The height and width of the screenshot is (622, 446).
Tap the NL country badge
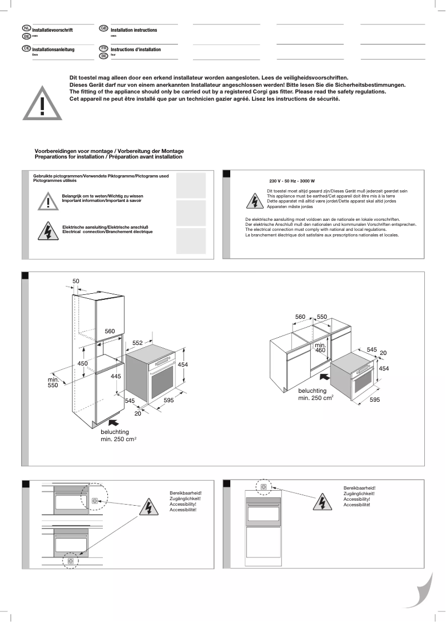click(26, 28)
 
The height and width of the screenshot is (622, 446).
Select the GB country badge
click(103, 28)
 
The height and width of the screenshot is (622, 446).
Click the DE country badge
click(26, 49)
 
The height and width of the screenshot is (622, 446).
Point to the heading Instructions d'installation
click(135, 50)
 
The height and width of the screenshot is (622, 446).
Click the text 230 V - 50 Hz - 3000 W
click(292, 181)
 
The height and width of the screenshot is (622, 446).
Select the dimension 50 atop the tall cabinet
click(76, 281)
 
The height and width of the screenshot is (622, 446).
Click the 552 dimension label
click(138, 343)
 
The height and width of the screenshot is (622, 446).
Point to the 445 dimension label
click(116, 376)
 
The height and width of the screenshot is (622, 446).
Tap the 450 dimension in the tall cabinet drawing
click(82, 363)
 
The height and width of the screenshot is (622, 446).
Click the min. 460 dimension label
click(320, 348)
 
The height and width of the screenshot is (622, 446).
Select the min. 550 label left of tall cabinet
click(53, 382)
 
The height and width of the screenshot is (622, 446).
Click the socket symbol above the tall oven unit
click(263, 486)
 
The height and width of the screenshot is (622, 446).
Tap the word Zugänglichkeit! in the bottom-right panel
click(359, 493)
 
